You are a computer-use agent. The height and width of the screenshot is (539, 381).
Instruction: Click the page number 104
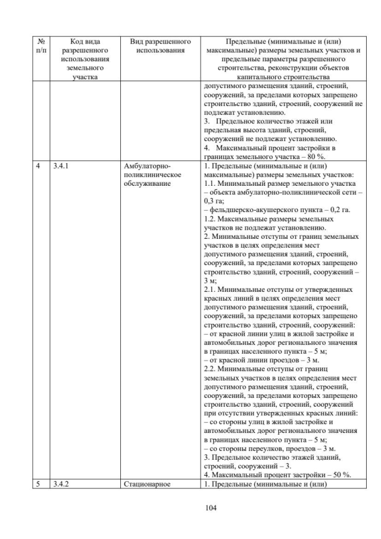coord(190,508)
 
